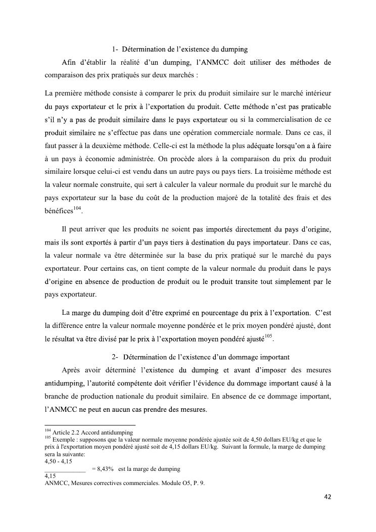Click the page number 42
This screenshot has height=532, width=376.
point(327,497)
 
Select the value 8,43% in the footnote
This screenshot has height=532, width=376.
point(103,469)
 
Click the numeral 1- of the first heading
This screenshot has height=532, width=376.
point(116,50)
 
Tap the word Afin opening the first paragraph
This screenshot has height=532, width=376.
point(71,63)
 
